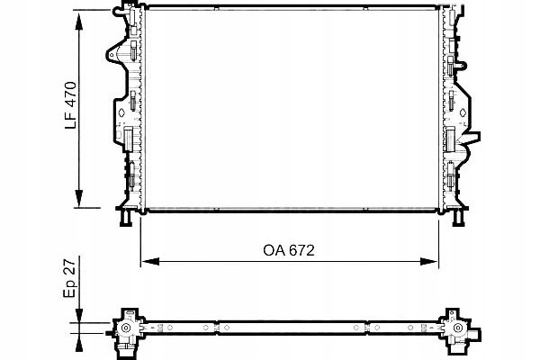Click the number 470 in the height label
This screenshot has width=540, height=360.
pyautogui.click(x=71, y=94)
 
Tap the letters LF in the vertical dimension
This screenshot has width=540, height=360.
pyautogui.click(x=71, y=120)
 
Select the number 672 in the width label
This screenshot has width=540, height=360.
pyautogui.click(x=301, y=250)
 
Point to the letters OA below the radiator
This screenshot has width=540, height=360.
pyautogui.click(x=274, y=250)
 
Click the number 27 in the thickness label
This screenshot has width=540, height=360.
pyautogui.click(x=69, y=266)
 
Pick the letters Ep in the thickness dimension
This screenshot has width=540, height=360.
pyautogui.click(x=70, y=288)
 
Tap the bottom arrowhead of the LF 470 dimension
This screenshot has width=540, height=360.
pyautogui.click(x=79, y=198)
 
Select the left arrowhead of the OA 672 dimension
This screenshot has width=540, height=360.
pyautogui.click(x=150, y=262)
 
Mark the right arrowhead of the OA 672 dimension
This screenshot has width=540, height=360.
pyautogui.click(x=429, y=262)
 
